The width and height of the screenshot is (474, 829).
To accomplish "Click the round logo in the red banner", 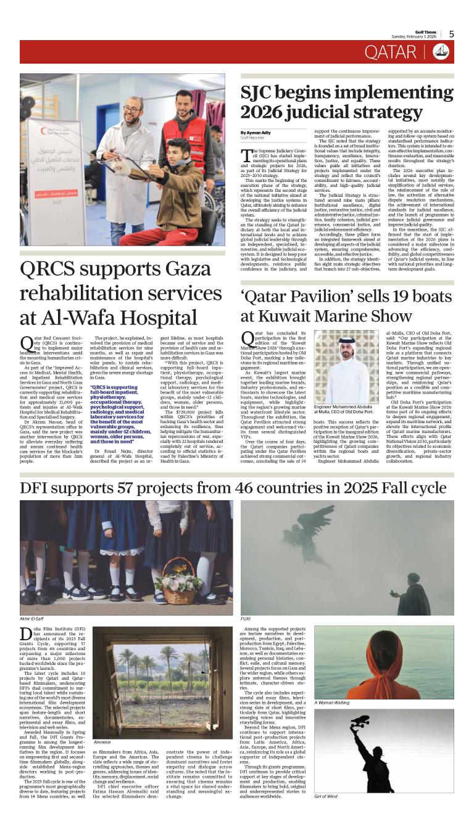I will tap(441, 52).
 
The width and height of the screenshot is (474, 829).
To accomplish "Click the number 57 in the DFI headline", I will tap(144, 489).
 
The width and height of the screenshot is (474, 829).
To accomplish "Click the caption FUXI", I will tap(245, 617).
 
